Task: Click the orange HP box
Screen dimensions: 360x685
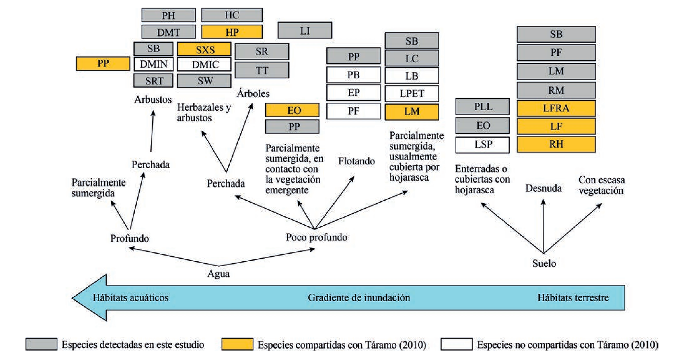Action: pos(232,32)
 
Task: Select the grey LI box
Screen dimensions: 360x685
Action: pos(305,30)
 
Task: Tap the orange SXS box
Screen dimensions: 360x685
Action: pos(204,49)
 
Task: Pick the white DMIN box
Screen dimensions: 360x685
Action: pos(153,64)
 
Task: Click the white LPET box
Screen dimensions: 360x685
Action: pos(411,94)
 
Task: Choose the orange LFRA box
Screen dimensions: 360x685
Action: pos(556,108)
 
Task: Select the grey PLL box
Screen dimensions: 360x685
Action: pos(482,107)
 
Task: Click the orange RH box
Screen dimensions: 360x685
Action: pos(556,144)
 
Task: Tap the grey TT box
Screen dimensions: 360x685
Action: pos(262,70)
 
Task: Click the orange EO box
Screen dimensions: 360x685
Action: pos(292,110)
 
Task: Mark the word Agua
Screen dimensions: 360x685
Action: pos(218,274)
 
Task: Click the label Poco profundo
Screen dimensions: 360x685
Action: pos(316,237)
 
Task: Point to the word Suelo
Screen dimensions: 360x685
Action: pos(544,263)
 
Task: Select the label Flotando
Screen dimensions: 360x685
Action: pos(356,161)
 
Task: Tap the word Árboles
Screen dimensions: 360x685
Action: pos(253,94)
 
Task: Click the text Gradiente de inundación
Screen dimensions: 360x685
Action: pos(359,298)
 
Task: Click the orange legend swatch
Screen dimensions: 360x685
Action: pos(237,344)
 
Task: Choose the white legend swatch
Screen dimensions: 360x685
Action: pos(456,344)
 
